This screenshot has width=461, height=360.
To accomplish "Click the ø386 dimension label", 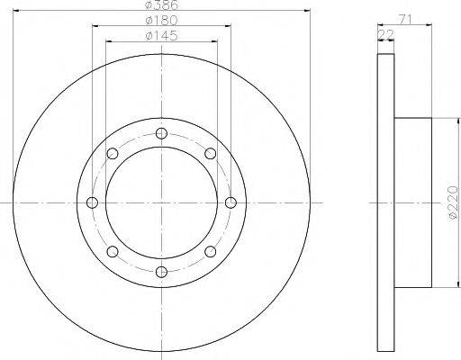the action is pyautogui.click(x=161, y=4).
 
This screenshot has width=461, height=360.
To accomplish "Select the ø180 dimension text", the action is pyautogui.click(x=161, y=21).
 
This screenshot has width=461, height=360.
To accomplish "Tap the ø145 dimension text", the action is pyautogui.click(x=161, y=36).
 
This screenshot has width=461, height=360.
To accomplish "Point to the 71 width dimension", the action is pyautogui.click(x=405, y=19).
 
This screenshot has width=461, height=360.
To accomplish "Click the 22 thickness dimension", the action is pyautogui.click(x=385, y=35).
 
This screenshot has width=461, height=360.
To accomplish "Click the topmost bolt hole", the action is pyautogui.click(x=161, y=133).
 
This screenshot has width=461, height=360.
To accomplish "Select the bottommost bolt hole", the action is pyautogui.click(x=161, y=272).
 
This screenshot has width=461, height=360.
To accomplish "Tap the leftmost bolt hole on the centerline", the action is pyautogui.click(x=92, y=202).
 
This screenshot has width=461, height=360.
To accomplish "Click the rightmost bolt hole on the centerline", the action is pyautogui.click(x=230, y=202).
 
